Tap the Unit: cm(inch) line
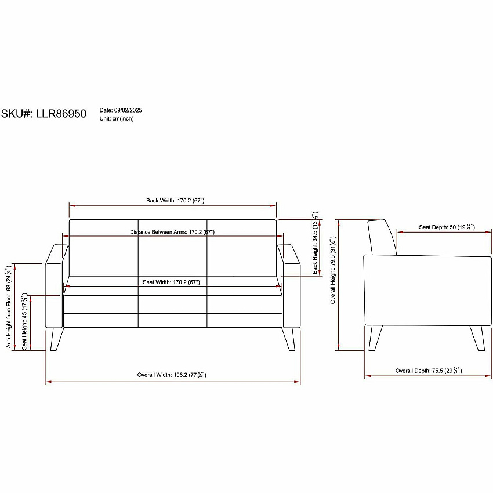click(x=117, y=118)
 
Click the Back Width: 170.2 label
click(x=175, y=201)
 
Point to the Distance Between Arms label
click(x=172, y=232)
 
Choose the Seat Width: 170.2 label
click(x=171, y=282)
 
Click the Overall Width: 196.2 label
click(x=172, y=375)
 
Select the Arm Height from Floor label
click(x=9, y=307)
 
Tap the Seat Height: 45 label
click(x=24, y=322)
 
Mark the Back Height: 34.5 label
click(x=315, y=242)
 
